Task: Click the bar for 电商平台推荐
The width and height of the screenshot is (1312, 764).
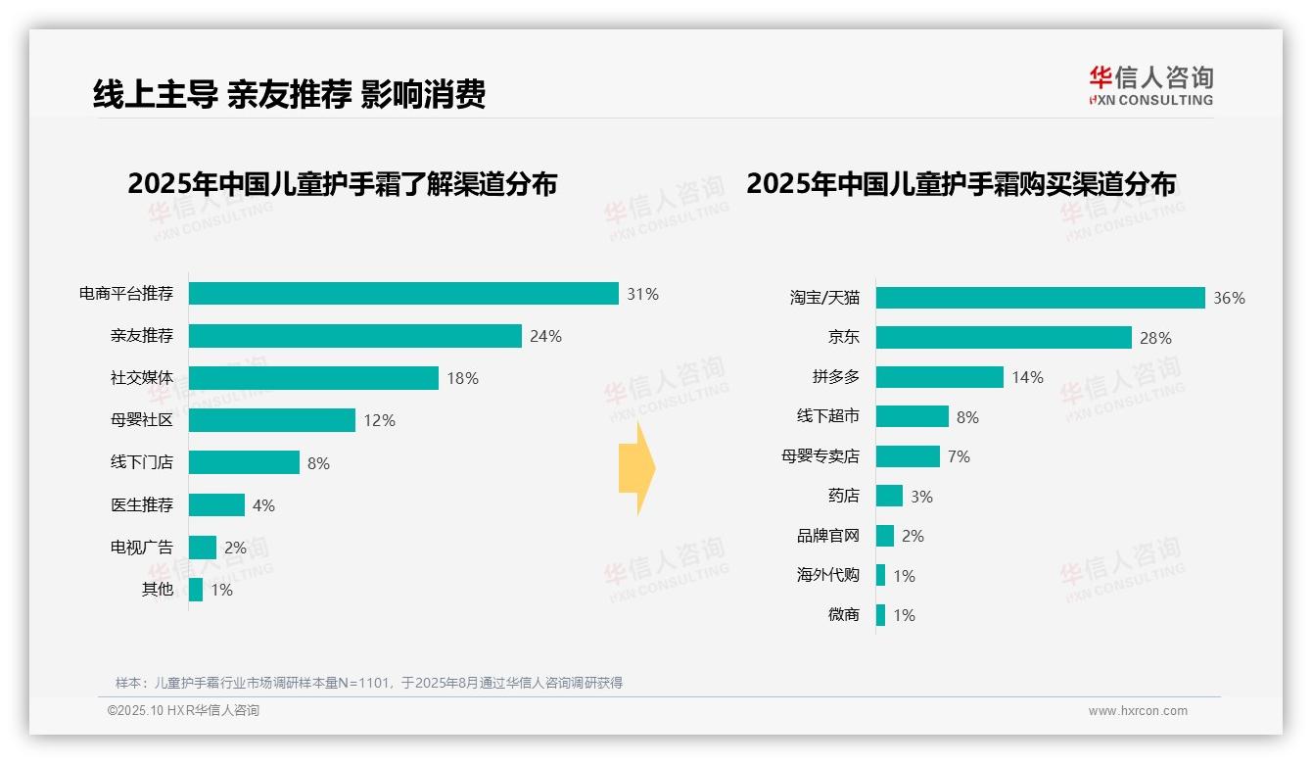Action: [x=403, y=294]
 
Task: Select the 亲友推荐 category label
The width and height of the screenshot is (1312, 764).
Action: [x=142, y=336]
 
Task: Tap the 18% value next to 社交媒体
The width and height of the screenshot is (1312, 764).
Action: [x=463, y=378]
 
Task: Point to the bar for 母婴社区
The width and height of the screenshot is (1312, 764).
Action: [x=272, y=420]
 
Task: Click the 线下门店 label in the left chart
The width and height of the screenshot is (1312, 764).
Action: [x=142, y=462]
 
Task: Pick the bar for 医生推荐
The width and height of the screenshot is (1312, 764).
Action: [x=216, y=504]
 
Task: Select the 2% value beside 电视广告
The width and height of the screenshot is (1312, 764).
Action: [x=235, y=548]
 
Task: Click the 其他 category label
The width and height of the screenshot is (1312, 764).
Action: [x=158, y=589]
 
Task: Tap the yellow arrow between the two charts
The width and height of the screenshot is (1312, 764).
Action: [x=636, y=468]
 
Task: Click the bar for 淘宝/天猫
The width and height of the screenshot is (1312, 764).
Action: [x=1040, y=298]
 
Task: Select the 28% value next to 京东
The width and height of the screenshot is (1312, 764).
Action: [x=1155, y=338]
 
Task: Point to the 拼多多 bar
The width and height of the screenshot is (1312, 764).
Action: [x=940, y=377]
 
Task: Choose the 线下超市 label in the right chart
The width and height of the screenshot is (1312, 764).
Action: [x=828, y=416]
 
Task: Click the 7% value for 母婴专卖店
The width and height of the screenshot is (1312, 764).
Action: [x=959, y=456]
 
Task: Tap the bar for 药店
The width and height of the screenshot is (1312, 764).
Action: [x=889, y=496]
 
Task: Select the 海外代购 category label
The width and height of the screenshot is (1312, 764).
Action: [x=828, y=575]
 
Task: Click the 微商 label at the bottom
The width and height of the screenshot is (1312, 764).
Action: [x=843, y=615]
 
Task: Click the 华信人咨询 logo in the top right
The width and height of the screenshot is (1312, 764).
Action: [x=1151, y=85]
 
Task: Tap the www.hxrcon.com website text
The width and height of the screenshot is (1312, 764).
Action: [x=1138, y=711]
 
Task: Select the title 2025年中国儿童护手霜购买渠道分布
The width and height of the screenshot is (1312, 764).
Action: [x=961, y=184]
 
